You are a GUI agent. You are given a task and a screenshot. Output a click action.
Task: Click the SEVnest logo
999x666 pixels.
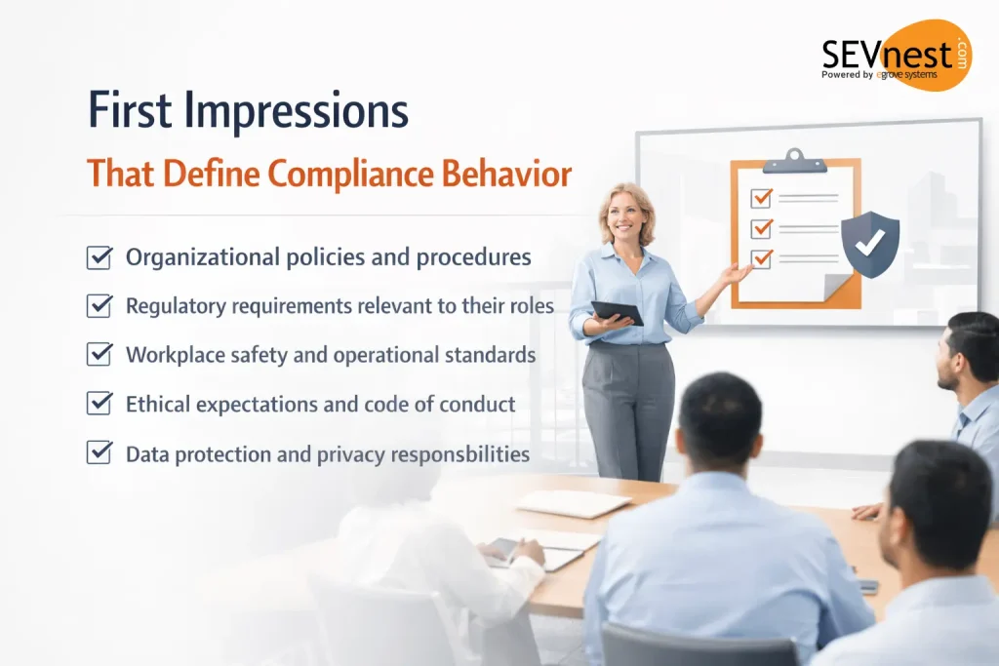point(882,56)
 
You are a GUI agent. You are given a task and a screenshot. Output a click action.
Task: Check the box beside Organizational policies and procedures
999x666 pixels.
point(99,257)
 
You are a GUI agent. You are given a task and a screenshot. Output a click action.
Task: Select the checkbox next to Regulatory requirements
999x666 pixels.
point(99,306)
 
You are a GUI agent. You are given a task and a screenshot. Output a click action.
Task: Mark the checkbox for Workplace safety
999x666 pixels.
point(99,355)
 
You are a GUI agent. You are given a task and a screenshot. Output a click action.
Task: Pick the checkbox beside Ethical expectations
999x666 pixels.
point(99,404)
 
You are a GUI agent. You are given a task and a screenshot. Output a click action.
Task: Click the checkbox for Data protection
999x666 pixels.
point(99,453)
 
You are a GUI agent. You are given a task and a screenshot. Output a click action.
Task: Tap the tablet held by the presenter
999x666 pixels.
point(617,312)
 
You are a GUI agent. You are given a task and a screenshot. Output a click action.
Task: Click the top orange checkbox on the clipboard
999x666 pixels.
point(761,198)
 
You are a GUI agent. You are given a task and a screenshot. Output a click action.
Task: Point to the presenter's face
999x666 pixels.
point(626,212)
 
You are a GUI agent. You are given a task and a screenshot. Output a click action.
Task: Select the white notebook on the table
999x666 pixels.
point(573,503)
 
